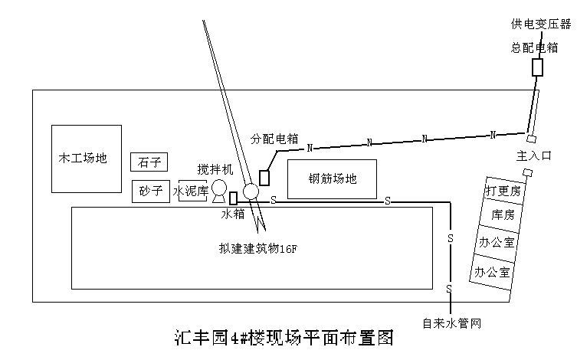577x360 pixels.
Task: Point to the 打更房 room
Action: point(503,191)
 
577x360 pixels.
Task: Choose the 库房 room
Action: point(501,214)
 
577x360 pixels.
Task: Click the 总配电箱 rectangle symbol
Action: point(538,67)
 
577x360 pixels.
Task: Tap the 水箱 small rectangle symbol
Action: point(233,198)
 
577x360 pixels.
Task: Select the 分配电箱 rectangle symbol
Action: point(264,178)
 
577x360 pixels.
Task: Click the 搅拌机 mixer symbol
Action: point(219,191)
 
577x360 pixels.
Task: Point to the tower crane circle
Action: point(251,191)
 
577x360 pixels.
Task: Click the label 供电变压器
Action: point(541,25)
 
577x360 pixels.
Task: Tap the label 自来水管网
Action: point(452,323)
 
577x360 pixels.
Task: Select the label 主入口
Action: point(534,156)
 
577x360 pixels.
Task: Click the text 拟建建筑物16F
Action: point(258,249)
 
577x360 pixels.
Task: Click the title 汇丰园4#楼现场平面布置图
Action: point(284,338)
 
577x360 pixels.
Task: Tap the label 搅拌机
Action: point(215,169)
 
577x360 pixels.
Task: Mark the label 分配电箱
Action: point(274,139)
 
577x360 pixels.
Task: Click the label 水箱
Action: point(233,214)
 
